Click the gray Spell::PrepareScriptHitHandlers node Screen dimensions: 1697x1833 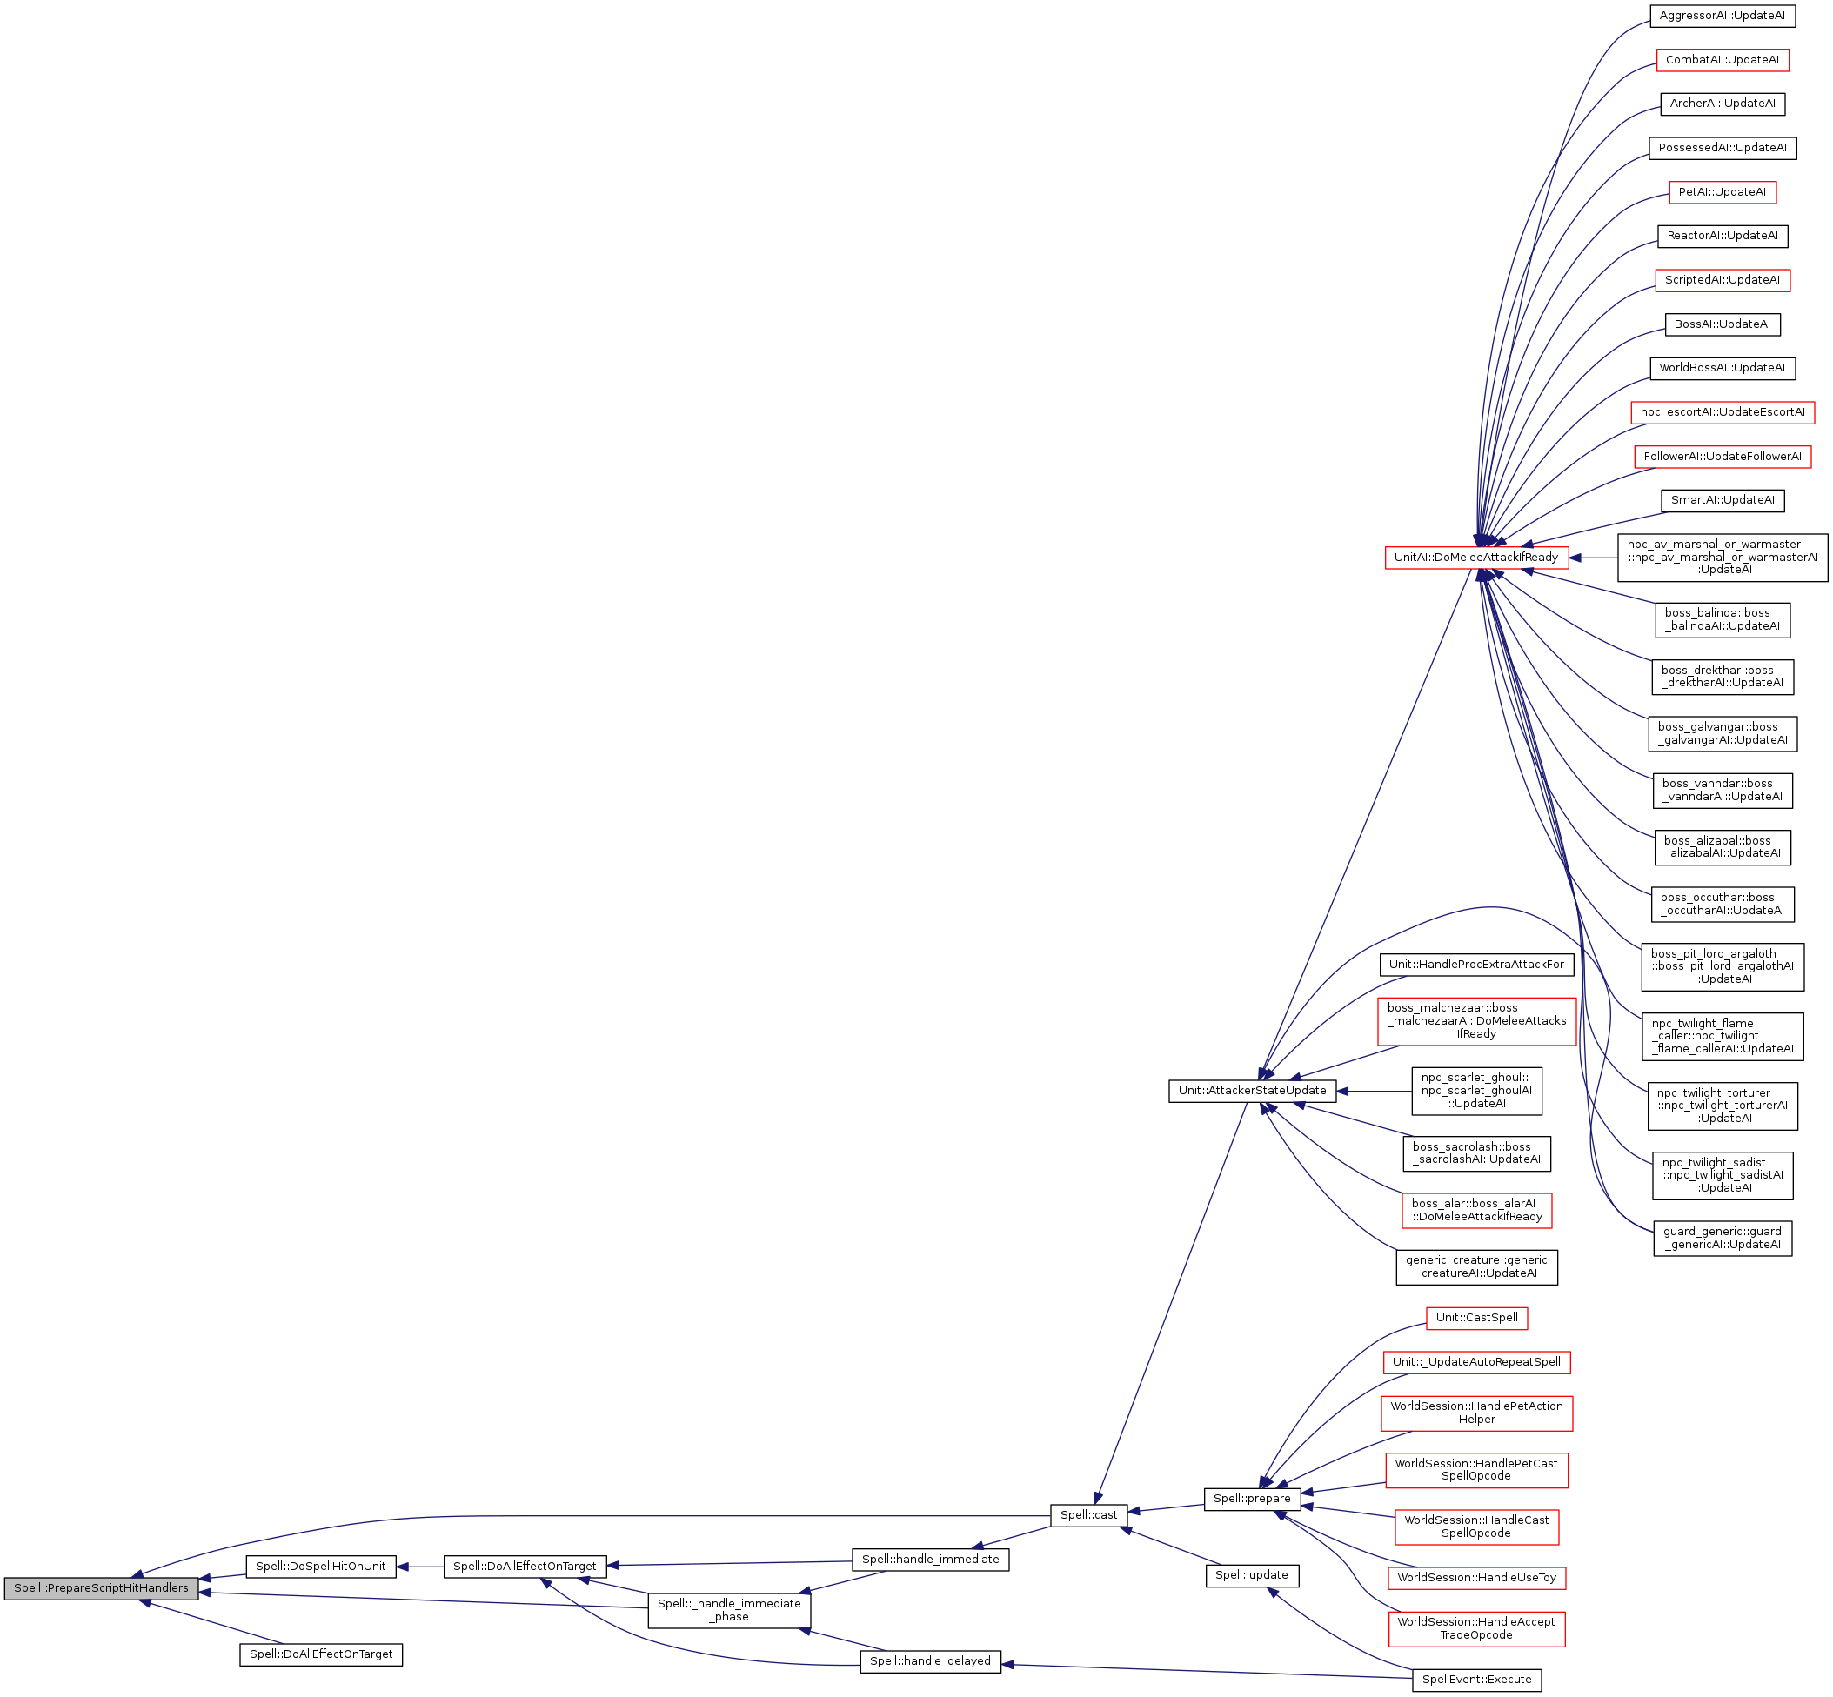click(x=101, y=1587)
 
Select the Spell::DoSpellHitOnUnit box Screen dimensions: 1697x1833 click(x=320, y=1566)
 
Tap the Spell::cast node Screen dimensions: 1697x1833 click(x=1088, y=1514)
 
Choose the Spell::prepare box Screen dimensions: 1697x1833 click(x=1252, y=1498)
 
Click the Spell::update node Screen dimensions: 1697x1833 click(x=1252, y=1574)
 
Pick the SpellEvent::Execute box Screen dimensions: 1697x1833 click(x=1476, y=1679)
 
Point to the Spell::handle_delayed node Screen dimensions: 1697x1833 click(x=930, y=1660)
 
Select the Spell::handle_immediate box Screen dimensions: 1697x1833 click(x=930, y=1559)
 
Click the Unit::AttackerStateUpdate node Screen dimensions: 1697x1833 click(x=1252, y=1090)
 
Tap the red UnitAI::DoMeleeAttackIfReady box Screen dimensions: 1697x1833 click(x=1475, y=557)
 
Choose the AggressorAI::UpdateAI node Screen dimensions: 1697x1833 click(x=1722, y=16)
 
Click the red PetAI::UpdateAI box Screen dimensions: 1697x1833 click(x=1722, y=192)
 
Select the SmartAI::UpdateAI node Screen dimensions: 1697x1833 click(x=1722, y=499)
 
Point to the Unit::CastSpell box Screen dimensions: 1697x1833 click(x=1476, y=1317)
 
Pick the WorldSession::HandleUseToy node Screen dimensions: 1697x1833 click(x=1476, y=1578)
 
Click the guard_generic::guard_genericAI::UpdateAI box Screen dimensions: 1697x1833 click(x=1722, y=1237)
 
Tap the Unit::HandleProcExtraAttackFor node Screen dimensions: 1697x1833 click(x=1476, y=965)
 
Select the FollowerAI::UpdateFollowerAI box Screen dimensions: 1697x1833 click(x=1722, y=456)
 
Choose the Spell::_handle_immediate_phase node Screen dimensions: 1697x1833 click(x=729, y=1609)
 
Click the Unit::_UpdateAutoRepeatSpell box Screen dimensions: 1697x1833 click(x=1476, y=1361)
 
